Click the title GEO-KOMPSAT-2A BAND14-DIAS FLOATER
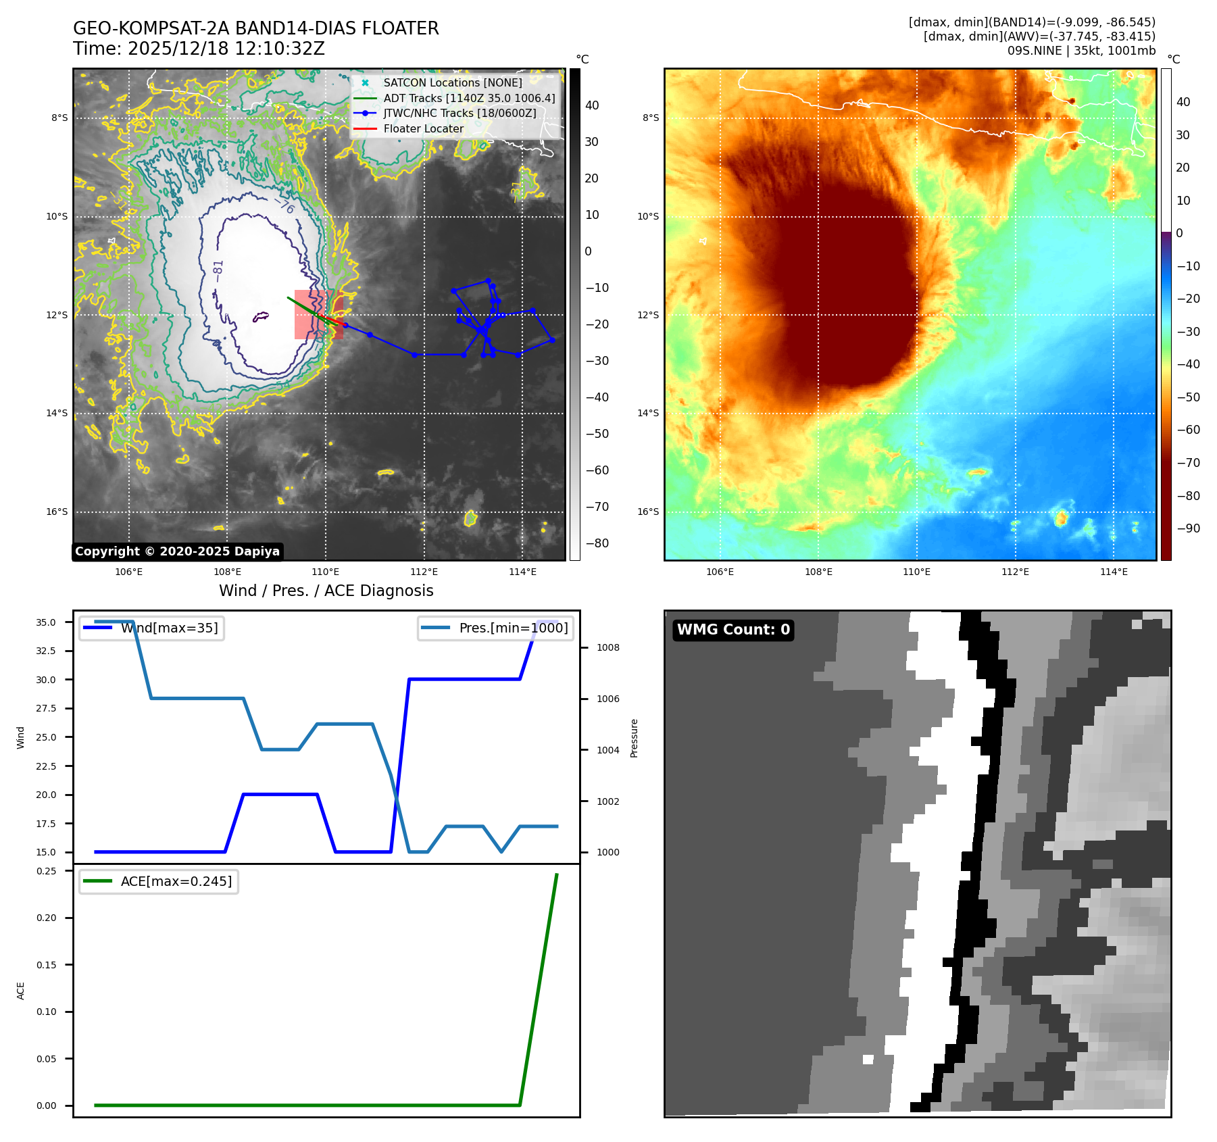[x=255, y=28]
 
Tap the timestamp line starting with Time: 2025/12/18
[x=199, y=49]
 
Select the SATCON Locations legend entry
[x=452, y=82]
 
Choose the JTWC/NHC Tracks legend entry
[x=460, y=113]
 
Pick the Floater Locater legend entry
[x=423, y=128]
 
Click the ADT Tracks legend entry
[x=469, y=98]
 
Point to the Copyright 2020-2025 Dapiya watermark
[x=177, y=551]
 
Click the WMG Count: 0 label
[x=733, y=630]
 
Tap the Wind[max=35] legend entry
[x=169, y=628]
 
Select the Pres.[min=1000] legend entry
[x=513, y=628]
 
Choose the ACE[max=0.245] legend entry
[x=176, y=881]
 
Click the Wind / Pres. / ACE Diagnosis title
[x=326, y=591]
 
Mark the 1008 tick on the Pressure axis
[x=607, y=647]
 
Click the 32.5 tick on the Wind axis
[x=46, y=651]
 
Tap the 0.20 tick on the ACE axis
[x=46, y=918]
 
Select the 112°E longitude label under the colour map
[x=1015, y=572]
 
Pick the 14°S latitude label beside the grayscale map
[x=57, y=413]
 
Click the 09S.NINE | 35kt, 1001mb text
[x=1081, y=51]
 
